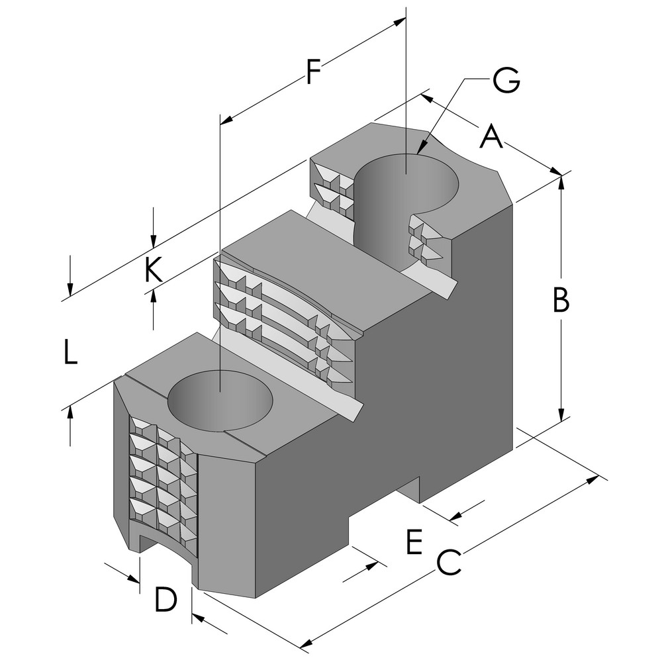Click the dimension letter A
pos(491,137)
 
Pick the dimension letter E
pos(413,543)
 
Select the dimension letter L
pos(70,352)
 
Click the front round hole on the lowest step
pos(220,401)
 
